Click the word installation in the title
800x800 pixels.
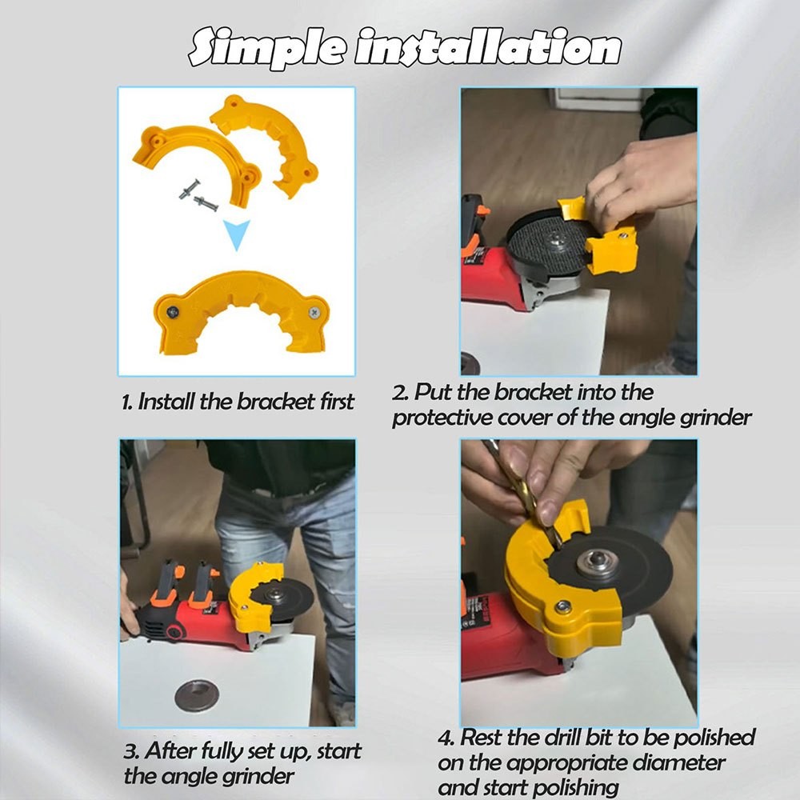[x=487, y=47]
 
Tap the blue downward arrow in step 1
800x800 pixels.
[x=237, y=235]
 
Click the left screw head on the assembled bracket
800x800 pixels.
[x=173, y=311]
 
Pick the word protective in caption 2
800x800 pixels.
[x=442, y=418]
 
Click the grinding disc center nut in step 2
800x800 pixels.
[x=554, y=238]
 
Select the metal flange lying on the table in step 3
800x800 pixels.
[x=197, y=697]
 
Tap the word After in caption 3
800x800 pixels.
[x=170, y=751]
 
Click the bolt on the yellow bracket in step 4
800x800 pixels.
[x=562, y=606]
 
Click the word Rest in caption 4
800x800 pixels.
[x=482, y=738]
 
